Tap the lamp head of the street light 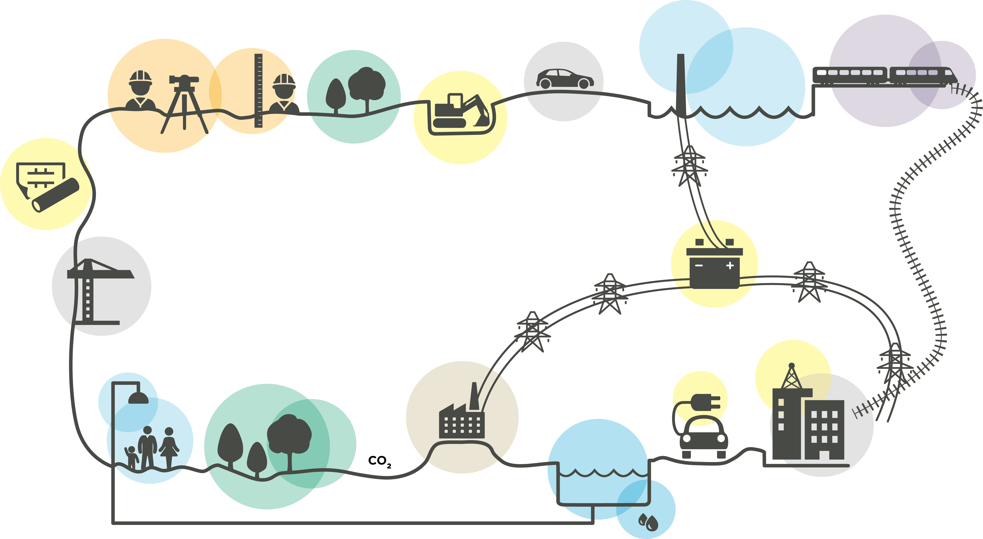[138, 398]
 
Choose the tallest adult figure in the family [147, 446]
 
